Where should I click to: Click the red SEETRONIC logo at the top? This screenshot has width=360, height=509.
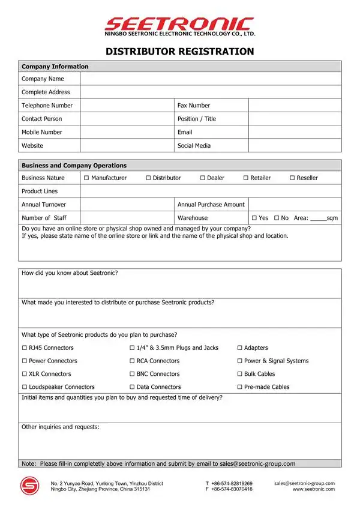(179, 24)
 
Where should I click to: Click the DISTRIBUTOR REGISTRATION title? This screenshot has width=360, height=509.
(179, 52)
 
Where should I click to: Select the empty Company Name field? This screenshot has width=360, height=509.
(211, 79)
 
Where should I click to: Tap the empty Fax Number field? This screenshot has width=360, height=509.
(295, 106)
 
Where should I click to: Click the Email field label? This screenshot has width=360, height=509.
(185, 132)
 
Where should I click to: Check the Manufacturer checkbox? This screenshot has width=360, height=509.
(86, 178)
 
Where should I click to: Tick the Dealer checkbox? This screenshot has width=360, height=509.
(203, 178)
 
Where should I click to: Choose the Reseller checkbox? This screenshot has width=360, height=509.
(292, 178)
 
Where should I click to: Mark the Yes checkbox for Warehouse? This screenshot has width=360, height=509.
(254, 218)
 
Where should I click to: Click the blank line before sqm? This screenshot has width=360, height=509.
(318, 219)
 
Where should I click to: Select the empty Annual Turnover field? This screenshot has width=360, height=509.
(127, 205)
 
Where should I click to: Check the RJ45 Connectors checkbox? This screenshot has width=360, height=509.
(25, 348)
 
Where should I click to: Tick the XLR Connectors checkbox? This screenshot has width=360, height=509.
(25, 374)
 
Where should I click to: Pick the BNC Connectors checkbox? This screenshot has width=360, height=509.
(132, 374)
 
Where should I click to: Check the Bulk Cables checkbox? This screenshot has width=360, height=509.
(239, 374)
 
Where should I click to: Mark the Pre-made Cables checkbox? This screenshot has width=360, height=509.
(239, 387)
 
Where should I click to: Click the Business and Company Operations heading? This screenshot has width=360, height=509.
(74, 166)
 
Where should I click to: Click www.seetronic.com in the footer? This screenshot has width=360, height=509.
(313, 489)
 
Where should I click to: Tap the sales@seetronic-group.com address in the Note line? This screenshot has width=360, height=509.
(257, 463)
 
